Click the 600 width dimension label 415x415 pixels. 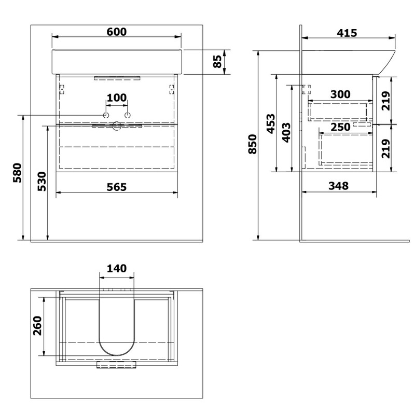[x=116, y=32]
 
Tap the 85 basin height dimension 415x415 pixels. [x=217, y=61]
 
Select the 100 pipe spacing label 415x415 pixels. [x=117, y=98]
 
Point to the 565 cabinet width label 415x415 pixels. [x=116, y=187]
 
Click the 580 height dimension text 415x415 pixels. [x=17, y=173]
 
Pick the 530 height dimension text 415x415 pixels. [x=42, y=181]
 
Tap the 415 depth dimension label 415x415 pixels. [x=347, y=33]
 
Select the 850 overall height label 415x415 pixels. [x=253, y=144]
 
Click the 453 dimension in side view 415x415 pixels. [x=271, y=124]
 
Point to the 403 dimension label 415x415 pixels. [x=286, y=133]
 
